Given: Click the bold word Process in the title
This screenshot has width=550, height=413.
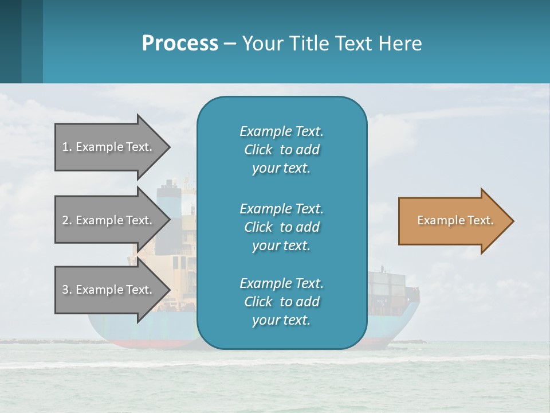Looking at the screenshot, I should [180, 44].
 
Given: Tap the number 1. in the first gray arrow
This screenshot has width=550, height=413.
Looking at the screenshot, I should [67, 147].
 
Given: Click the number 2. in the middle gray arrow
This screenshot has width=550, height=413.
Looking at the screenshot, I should [67, 220].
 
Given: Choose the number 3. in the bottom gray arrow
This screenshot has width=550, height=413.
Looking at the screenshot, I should [67, 290].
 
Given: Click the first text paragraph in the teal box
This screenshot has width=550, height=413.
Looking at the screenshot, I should [281, 150].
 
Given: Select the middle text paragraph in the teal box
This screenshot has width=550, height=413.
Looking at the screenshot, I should [281, 227].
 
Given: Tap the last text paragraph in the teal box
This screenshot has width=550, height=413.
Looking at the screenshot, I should [281, 302].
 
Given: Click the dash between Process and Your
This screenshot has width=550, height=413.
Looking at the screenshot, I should [230, 44].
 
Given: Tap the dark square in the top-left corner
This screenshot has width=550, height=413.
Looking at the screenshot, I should [10, 41].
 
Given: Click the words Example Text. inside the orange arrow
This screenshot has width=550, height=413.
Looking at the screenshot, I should [455, 220].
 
